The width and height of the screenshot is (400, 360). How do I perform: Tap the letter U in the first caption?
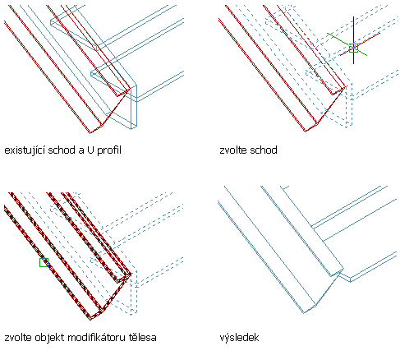[90, 150]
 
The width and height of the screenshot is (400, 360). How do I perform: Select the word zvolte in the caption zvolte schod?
[232, 150]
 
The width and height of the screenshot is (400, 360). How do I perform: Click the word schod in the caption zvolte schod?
[262, 150]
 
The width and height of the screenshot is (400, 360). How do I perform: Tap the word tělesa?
[143, 337]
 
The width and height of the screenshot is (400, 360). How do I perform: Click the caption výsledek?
[239, 338]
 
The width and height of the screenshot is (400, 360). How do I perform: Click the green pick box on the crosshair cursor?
[353, 48]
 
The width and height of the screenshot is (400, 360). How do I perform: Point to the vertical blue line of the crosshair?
[353, 40]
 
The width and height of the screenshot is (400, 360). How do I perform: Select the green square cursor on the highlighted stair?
[44, 262]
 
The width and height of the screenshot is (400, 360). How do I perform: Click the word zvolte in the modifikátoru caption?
[16, 337]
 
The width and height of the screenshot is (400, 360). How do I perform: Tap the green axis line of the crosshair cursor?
[347, 44]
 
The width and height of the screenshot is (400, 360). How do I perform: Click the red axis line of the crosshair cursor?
[360, 44]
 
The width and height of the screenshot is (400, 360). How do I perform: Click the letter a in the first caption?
[82, 151]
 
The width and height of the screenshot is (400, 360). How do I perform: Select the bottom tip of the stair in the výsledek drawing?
[304, 313]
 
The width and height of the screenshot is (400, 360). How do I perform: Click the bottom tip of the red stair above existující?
[90, 133]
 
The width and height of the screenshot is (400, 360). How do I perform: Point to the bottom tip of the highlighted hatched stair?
[90, 319]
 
